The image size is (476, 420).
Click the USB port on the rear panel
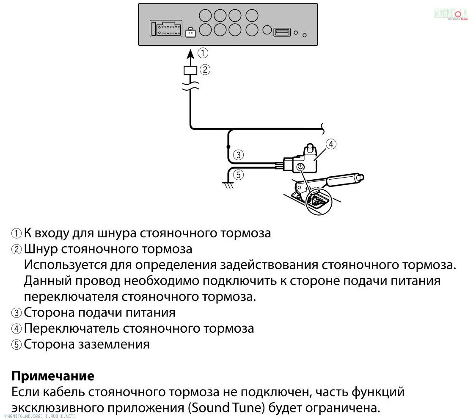pyautogui.click(x=282, y=32)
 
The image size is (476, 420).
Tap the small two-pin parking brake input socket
pyautogui.click(x=191, y=32)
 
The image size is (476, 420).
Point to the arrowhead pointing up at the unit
pyautogui.click(x=191, y=54)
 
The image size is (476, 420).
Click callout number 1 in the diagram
pyautogui.click(x=204, y=53)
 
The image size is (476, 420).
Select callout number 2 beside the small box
pyautogui.click(x=205, y=70)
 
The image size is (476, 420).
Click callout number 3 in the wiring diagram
pyautogui.click(x=239, y=155)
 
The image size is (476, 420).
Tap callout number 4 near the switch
pyautogui.click(x=331, y=144)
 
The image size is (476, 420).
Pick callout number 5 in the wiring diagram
pyautogui.click(x=239, y=174)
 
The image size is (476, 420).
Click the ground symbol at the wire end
pyautogui.click(x=228, y=185)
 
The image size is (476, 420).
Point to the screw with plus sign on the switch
pyautogui.click(x=300, y=167)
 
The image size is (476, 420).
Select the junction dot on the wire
pyautogui.click(x=228, y=147)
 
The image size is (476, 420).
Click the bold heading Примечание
pyautogui.click(x=52, y=376)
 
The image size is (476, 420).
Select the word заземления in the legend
pyautogui.click(x=114, y=344)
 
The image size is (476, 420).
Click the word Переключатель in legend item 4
pyautogui.click(x=72, y=328)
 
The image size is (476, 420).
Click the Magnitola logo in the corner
pyautogui.click(x=450, y=14)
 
